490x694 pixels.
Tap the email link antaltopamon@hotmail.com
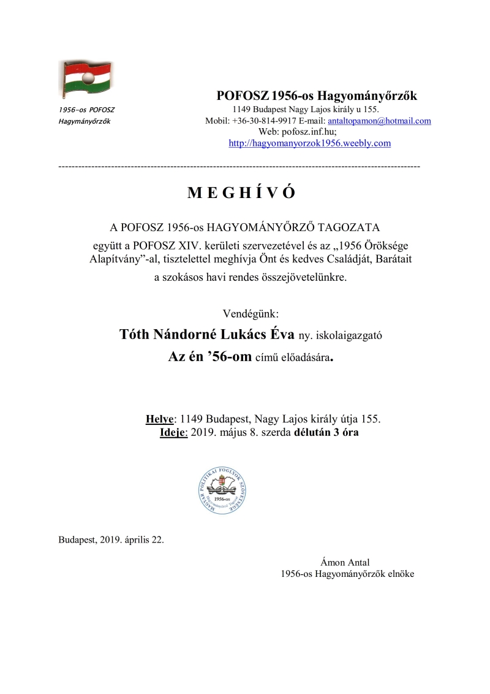click(380, 121)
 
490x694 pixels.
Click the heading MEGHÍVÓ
click(241, 194)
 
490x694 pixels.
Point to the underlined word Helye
click(160, 419)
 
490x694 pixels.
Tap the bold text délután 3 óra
click(327, 432)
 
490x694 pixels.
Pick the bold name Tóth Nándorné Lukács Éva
click(207, 335)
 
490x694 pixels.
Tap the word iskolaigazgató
click(352, 336)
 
